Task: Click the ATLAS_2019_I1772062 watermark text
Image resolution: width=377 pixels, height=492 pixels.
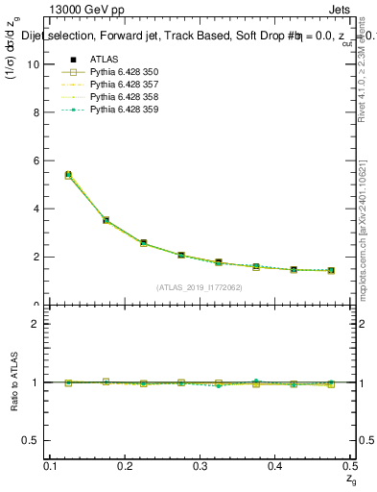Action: pos(200,287)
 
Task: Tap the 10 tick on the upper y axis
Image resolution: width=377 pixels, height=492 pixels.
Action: pos(36,64)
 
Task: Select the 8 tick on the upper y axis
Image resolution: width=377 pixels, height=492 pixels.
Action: pos(38,112)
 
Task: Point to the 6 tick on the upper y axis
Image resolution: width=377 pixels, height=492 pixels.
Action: pos(38,160)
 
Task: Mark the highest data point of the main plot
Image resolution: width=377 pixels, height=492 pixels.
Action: pos(68,175)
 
